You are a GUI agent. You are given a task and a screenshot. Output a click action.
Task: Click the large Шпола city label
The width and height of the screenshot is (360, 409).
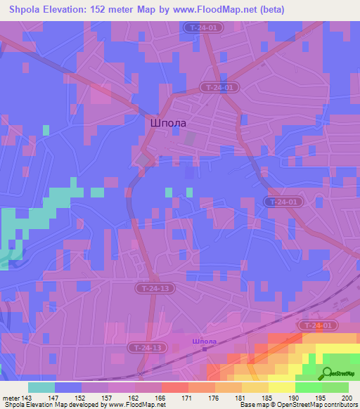pyautogui.click(x=168, y=122)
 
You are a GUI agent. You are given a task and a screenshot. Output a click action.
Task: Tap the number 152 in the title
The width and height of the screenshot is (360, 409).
pyautogui.click(x=105, y=10)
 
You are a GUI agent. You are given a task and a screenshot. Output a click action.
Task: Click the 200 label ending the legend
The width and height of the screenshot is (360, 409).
pyautogui.click(x=343, y=398)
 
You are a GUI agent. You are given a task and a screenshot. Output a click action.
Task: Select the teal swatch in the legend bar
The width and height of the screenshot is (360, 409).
pyautogui.click(x=41, y=387)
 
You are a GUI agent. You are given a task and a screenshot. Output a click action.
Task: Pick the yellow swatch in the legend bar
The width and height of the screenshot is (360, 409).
pyautogui.click(x=281, y=387)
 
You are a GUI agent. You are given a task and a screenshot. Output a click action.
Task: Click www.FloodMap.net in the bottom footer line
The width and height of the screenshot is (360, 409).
pyautogui.click(x=138, y=405)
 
